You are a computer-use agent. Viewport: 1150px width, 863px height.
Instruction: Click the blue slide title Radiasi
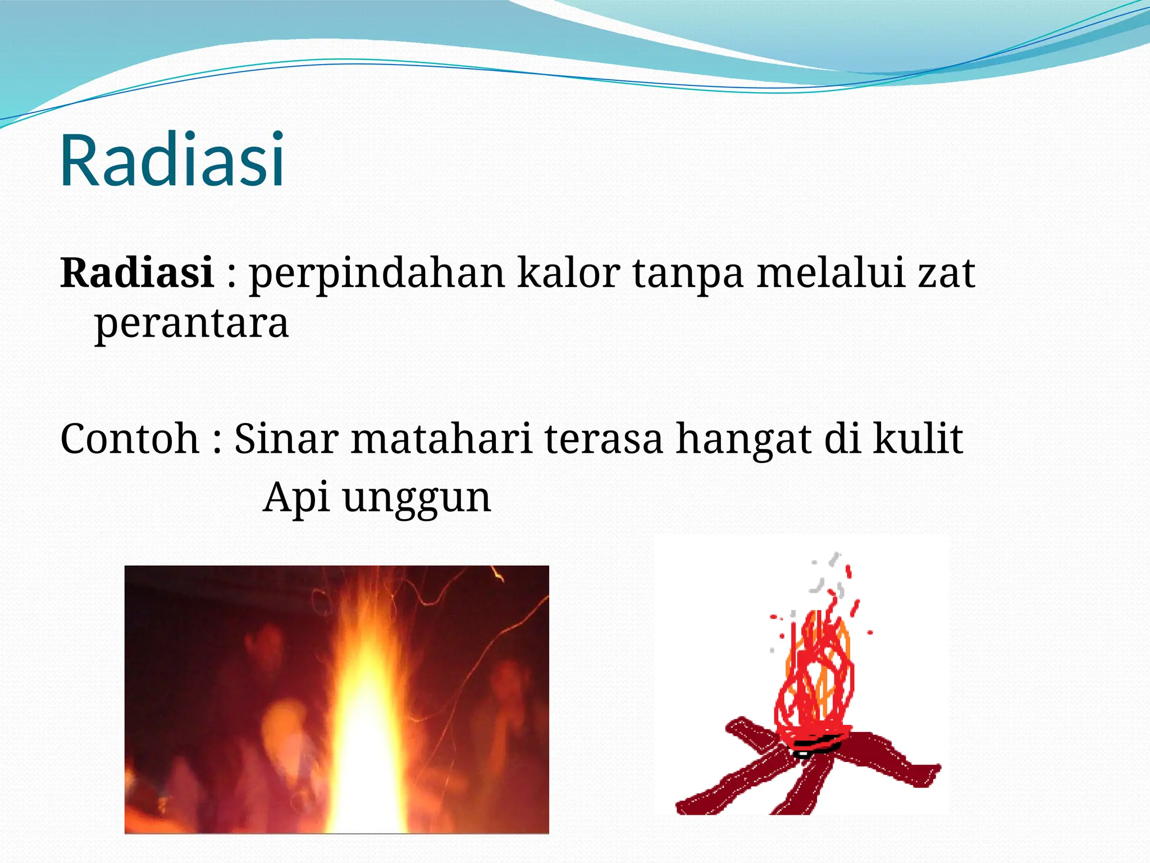[172, 160]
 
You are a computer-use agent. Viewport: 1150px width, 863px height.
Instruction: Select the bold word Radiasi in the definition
[137, 272]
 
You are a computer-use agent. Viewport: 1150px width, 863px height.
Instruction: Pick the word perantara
[191, 325]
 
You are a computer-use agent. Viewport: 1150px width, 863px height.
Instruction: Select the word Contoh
[130, 438]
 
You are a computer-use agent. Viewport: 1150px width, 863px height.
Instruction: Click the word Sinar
[286, 438]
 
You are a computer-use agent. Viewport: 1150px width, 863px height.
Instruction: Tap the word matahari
[441, 438]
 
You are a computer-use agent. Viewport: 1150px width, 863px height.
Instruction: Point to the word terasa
[604, 439]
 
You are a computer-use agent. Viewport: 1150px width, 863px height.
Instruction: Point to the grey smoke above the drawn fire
[825, 579]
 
